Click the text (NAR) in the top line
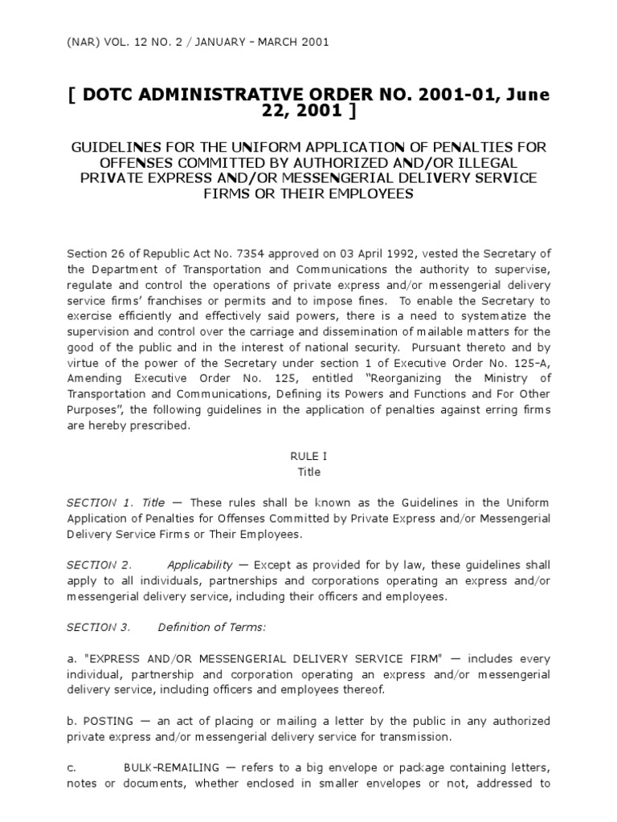pyautogui.click(x=82, y=42)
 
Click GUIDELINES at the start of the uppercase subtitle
pyautogui.click(x=118, y=148)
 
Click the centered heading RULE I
pyautogui.click(x=308, y=455)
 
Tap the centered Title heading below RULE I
pyautogui.click(x=308, y=472)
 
